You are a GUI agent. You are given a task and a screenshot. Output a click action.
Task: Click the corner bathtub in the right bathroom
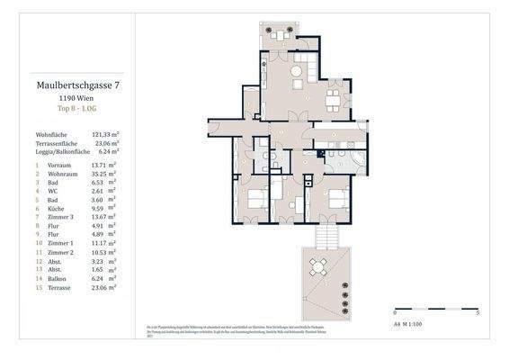click(358, 163)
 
